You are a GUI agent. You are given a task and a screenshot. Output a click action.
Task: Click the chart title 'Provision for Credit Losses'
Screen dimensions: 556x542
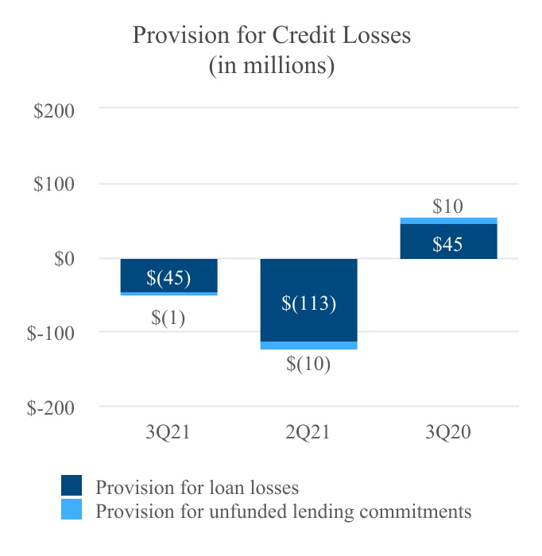[x=271, y=35]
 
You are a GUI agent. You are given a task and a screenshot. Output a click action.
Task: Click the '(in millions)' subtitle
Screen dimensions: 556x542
[x=271, y=65]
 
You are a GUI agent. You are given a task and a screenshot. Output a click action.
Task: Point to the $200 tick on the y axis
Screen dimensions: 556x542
[x=54, y=110]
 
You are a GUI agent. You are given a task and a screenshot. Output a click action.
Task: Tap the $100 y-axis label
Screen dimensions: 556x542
[x=54, y=184]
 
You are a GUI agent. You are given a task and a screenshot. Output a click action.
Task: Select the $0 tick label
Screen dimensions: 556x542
[x=64, y=259]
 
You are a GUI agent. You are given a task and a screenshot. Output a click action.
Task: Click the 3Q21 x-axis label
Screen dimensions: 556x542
[x=168, y=432]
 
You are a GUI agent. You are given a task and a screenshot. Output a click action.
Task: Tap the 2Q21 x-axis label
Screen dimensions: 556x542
[x=308, y=432]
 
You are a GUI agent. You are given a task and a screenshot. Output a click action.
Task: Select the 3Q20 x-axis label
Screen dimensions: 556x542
[x=448, y=432]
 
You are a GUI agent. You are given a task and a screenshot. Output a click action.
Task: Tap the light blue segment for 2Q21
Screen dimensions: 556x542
[x=308, y=346]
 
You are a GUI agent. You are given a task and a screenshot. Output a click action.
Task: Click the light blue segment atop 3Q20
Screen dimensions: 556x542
[x=448, y=221]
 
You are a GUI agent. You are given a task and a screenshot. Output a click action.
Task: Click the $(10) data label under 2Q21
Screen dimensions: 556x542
[x=308, y=365]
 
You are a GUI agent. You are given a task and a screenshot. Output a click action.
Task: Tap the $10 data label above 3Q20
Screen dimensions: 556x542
[x=448, y=207]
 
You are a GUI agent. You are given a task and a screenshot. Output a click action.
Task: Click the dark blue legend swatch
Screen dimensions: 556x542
[x=72, y=485]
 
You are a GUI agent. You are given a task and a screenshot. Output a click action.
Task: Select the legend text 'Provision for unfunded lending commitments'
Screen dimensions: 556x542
[x=283, y=511]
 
